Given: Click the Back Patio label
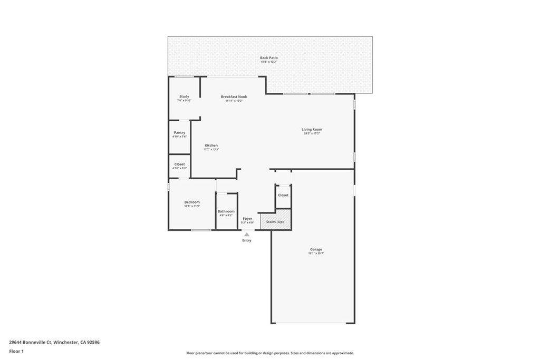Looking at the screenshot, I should coord(268,57).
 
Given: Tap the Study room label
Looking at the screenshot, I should coord(184,96).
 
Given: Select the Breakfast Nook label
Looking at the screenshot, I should coord(234,96).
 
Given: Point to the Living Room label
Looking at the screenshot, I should coord(312,129).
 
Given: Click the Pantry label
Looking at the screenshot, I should coord(179,132).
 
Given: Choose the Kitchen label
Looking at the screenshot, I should coord(211,145).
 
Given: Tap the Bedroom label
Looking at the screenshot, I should coord(192,202).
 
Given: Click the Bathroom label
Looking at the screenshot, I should coord(226,211).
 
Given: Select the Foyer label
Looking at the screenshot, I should coord(247,218).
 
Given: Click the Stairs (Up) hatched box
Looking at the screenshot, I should coord(275,222).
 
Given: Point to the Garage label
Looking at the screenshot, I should coord(316,249).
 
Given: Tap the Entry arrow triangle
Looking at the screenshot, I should coord(247,233).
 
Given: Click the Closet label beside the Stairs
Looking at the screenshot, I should coord(283,195).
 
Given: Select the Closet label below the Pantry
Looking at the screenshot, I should coord(179,164).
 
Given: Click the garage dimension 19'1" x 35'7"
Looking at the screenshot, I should coord(316,254).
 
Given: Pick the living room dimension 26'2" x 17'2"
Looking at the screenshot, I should coord(312,133).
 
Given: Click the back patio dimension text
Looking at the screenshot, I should coord(268,62).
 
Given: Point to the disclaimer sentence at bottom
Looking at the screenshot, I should coord(269,353).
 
